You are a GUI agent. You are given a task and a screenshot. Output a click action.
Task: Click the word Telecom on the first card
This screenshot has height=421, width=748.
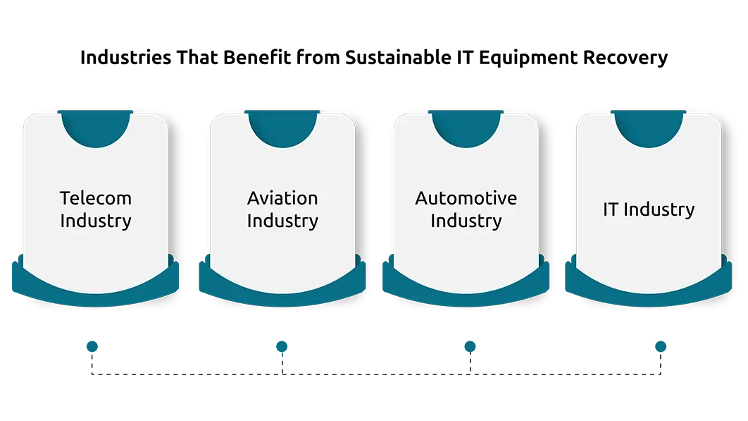pyautogui.click(x=95, y=198)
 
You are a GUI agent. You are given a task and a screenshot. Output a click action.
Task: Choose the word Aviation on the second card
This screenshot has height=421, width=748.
pyautogui.click(x=282, y=198)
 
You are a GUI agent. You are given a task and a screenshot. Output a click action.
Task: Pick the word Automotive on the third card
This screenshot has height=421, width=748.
pyautogui.click(x=466, y=198)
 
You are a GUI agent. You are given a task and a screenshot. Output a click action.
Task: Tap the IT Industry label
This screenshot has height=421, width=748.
pyautogui.click(x=649, y=209)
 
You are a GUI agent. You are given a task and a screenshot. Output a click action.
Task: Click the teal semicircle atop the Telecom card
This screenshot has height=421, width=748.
pyautogui.click(x=95, y=128)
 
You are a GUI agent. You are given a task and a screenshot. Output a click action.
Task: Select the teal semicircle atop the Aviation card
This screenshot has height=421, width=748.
pyautogui.click(x=282, y=128)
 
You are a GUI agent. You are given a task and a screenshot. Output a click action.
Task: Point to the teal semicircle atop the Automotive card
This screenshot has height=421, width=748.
pyautogui.click(x=466, y=128)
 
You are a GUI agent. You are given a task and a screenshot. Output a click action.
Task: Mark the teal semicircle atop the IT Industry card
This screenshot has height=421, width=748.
pyautogui.click(x=649, y=128)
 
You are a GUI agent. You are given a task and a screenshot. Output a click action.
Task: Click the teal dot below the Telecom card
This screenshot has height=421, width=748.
pyautogui.click(x=92, y=346)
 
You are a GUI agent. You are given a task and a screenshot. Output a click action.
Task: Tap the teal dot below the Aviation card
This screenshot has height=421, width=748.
pyautogui.click(x=282, y=346)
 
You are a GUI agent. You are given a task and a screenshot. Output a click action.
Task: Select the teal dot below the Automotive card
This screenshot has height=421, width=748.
pyautogui.click(x=470, y=346)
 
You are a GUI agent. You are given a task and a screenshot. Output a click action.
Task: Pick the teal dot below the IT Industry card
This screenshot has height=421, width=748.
pyautogui.click(x=661, y=346)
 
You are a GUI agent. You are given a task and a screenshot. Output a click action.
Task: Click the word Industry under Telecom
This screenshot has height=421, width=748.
pyautogui.click(x=95, y=221)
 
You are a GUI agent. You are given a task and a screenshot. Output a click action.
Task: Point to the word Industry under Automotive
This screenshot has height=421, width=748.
pyautogui.click(x=466, y=221)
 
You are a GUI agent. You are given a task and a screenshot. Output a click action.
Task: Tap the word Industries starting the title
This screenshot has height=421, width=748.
pyautogui.click(x=125, y=57)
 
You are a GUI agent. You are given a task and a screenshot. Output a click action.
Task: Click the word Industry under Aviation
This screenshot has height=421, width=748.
pyautogui.click(x=282, y=221)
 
